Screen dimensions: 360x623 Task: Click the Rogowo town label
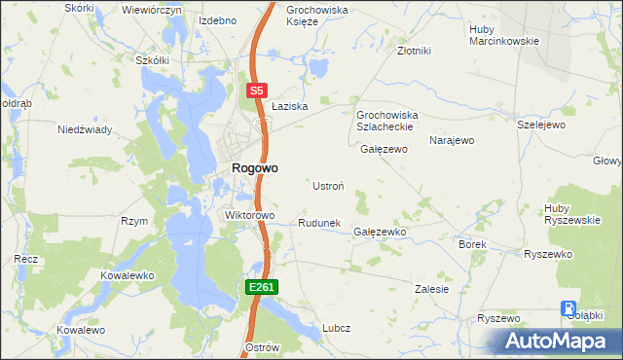[x=254, y=167]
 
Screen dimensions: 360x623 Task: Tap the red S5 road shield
[x=255, y=90]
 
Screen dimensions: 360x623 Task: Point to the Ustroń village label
[x=326, y=185]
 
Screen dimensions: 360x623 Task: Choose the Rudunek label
[x=318, y=223]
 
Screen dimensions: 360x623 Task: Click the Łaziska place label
[x=290, y=106]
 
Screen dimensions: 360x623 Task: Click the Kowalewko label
[x=128, y=275]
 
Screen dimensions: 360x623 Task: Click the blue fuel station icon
[x=568, y=309]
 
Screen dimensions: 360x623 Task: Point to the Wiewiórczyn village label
[x=152, y=9]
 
